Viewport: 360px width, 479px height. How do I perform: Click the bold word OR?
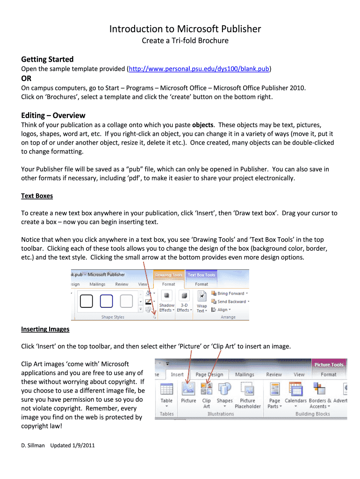point(27,79)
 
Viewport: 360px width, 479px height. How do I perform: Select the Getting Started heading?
point(47,59)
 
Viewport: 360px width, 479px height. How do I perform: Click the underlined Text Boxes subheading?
point(37,196)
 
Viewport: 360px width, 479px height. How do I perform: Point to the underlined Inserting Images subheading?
point(45,329)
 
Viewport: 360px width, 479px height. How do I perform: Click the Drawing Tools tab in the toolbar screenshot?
point(169,275)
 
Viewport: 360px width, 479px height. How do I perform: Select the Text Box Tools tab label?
point(202,275)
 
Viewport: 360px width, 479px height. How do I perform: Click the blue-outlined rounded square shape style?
point(108,301)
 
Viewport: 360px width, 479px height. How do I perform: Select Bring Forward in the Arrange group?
point(230,293)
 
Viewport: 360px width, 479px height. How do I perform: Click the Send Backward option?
point(231,302)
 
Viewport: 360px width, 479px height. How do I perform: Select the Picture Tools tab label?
point(329,364)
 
